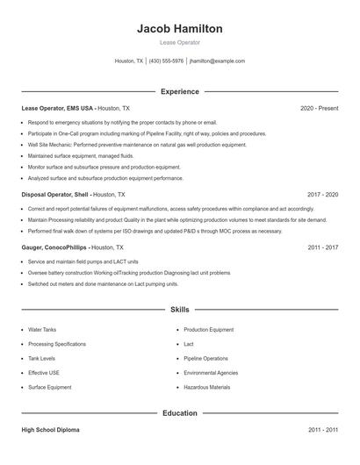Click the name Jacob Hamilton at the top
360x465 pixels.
point(180,28)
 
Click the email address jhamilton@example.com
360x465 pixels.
point(217,61)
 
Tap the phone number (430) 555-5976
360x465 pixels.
point(167,61)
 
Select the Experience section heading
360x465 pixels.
point(180,91)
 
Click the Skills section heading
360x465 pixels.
point(180,310)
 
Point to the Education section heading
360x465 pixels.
point(180,412)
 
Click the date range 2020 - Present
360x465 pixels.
point(319,108)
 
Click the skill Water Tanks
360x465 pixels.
point(42,330)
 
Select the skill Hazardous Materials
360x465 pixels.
point(207,387)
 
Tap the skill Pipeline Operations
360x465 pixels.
point(206,358)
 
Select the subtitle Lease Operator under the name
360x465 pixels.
point(180,42)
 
